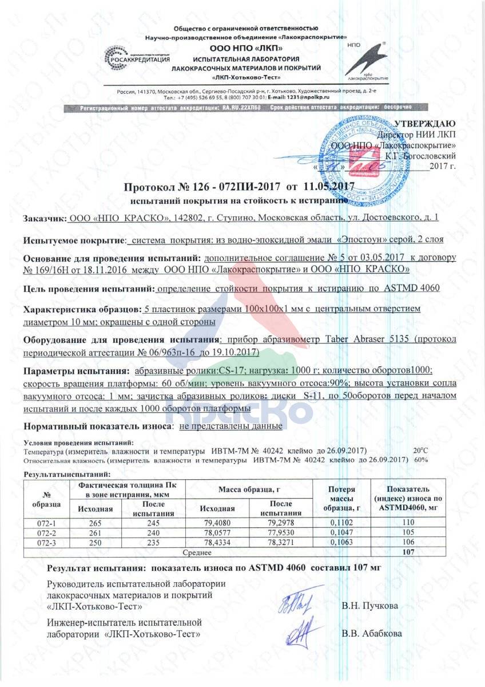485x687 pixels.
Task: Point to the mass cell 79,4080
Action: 216,523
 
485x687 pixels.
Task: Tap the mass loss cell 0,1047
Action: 342,532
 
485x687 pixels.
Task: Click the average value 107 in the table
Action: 408,552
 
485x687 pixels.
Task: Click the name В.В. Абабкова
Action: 372,634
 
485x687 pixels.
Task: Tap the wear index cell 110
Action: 408,523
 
